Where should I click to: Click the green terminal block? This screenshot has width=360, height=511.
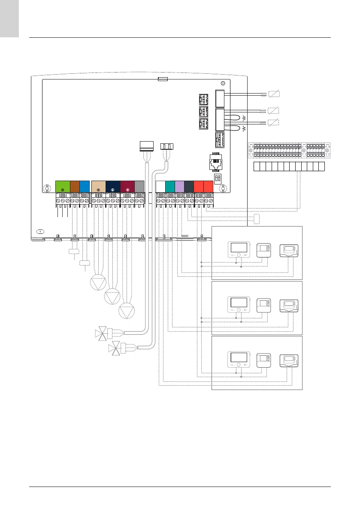[x=63, y=187]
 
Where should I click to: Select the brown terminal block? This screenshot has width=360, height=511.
[x=75, y=187]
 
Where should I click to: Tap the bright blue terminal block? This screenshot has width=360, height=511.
[x=85, y=187]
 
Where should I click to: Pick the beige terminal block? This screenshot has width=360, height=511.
[x=99, y=187]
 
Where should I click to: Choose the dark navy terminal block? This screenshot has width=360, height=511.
[x=113, y=187]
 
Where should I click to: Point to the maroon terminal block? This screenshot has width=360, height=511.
[x=127, y=187]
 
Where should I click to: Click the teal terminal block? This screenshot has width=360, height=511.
[x=170, y=187]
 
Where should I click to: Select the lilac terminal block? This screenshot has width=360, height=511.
[x=179, y=187]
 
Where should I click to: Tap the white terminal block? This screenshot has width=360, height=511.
[x=160, y=187]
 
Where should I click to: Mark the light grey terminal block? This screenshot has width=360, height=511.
[x=139, y=187]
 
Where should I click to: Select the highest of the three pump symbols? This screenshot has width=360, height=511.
[x=98, y=283]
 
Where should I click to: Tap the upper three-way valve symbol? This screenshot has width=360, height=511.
[x=102, y=334]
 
